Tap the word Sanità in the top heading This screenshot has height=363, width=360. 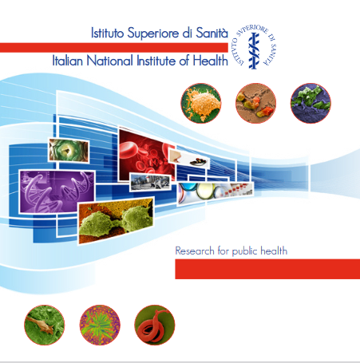[x=212, y=33]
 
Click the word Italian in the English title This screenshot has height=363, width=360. [x=68, y=61]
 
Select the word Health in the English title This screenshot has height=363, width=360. [x=210, y=61]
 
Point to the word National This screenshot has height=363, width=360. [x=109, y=61]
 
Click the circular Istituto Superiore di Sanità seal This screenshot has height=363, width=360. [x=255, y=47]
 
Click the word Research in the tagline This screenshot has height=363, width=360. [x=195, y=251]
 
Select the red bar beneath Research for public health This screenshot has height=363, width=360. [x=267, y=269]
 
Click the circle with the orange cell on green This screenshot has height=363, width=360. [x=201, y=103]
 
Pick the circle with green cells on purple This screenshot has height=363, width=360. [x=311, y=103]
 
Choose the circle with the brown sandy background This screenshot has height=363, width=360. [x=255, y=103]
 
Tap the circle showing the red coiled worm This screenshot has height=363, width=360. [x=155, y=325]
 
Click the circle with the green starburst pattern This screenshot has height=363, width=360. [x=100, y=325]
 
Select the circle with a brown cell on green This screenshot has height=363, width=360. [x=45, y=325]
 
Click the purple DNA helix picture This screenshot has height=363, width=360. [x=57, y=191]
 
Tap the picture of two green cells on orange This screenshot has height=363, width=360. [x=116, y=219]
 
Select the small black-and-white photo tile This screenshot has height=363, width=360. [x=150, y=183]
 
